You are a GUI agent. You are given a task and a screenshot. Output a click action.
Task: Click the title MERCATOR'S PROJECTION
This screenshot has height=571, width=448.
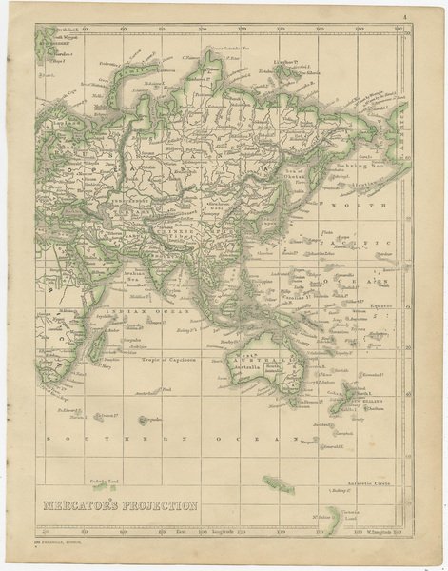118,504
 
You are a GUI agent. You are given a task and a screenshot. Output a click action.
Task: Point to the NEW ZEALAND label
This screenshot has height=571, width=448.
362,403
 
